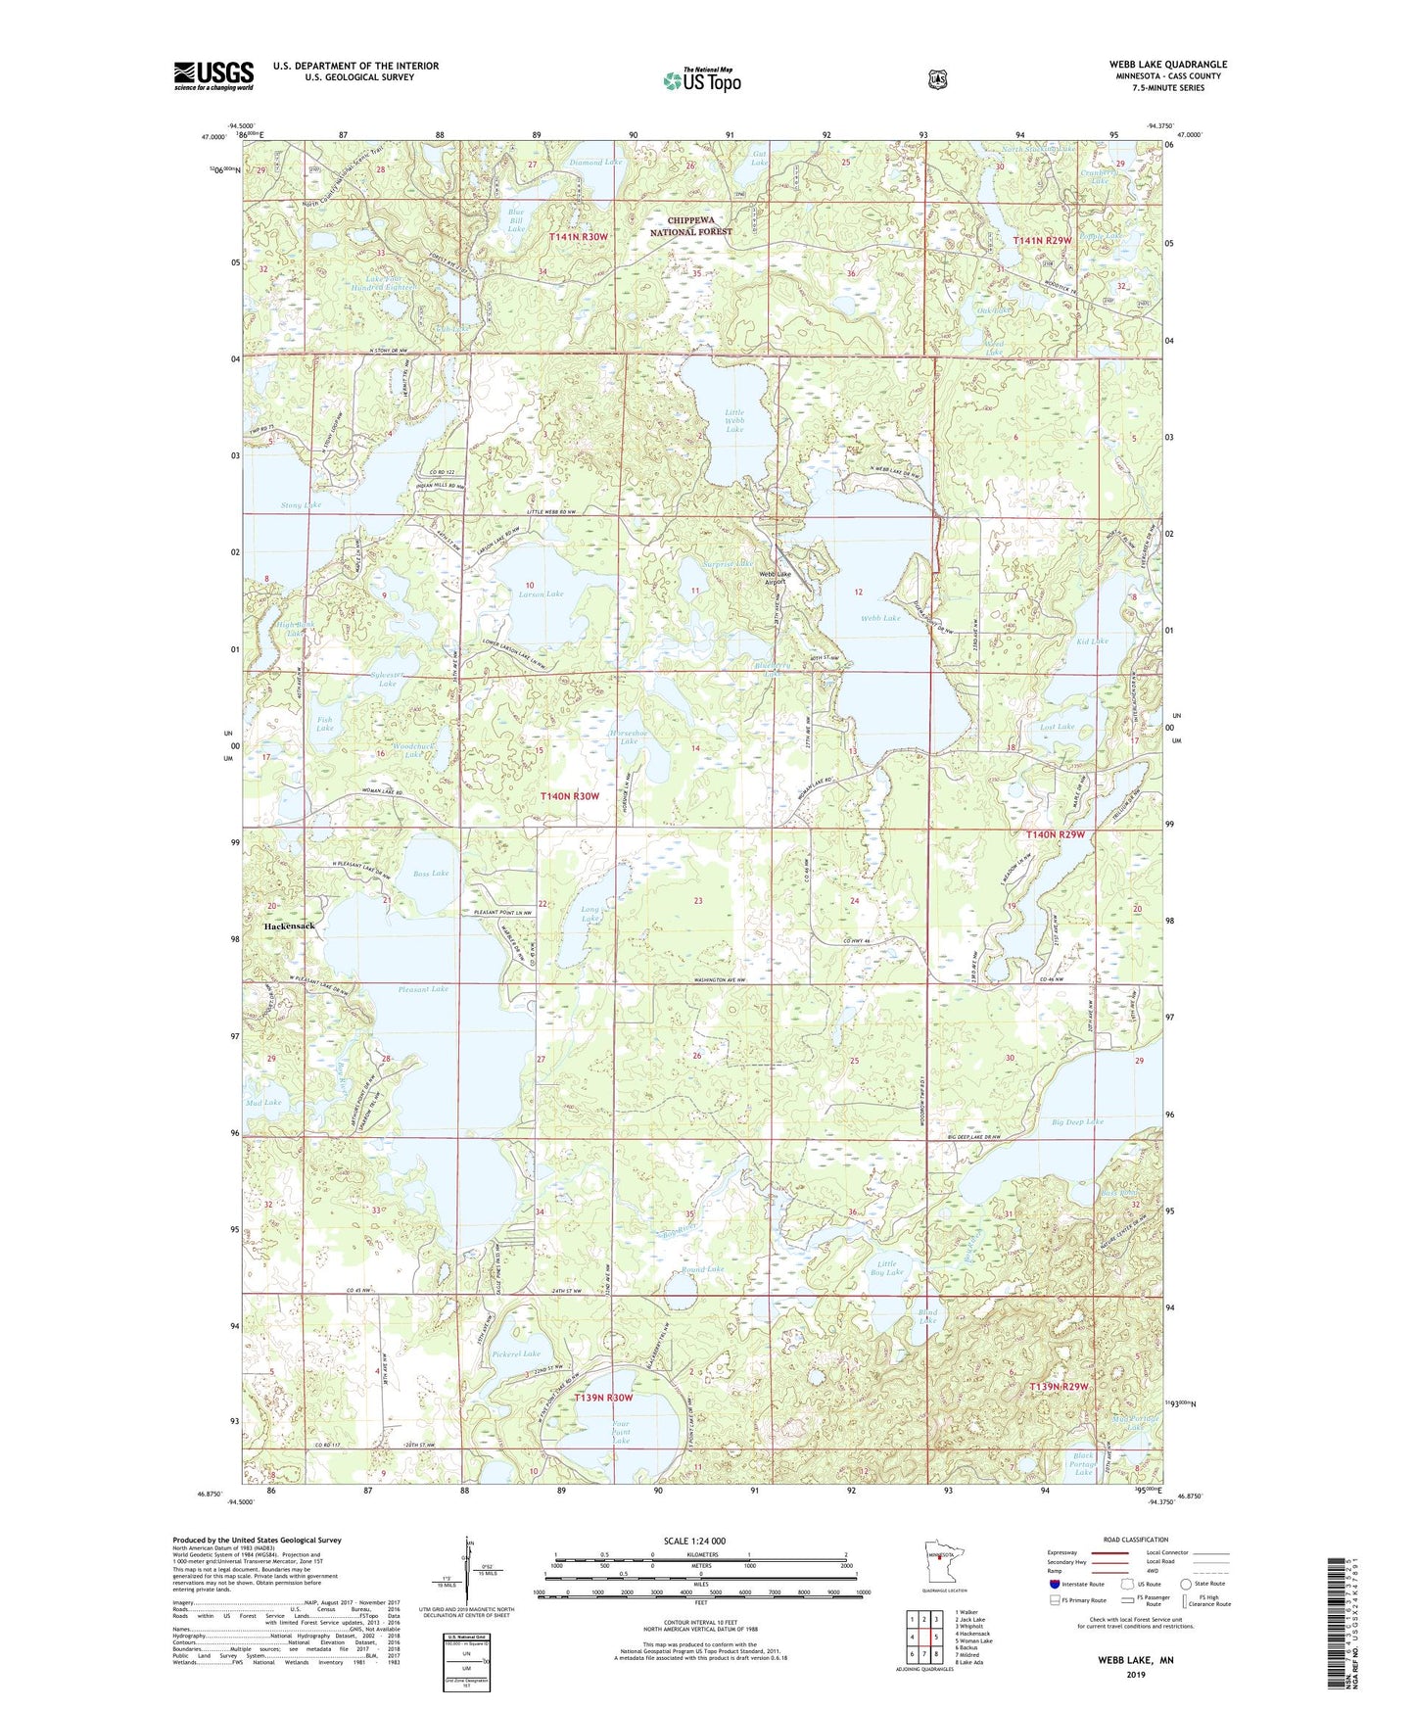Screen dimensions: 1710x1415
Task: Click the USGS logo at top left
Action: (213, 75)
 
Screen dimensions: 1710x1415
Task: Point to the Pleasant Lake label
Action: (423, 989)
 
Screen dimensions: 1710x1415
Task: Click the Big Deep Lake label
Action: (1077, 1121)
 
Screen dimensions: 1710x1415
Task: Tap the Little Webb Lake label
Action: (734, 421)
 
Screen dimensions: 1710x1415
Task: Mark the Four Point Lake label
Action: (621, 1433)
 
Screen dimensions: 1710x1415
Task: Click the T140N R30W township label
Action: (570, 796)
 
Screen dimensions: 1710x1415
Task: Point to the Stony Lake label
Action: (301, 505)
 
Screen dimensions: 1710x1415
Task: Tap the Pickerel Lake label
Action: (516, 1354)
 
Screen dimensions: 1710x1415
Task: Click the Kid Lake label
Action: (1091, 641)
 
